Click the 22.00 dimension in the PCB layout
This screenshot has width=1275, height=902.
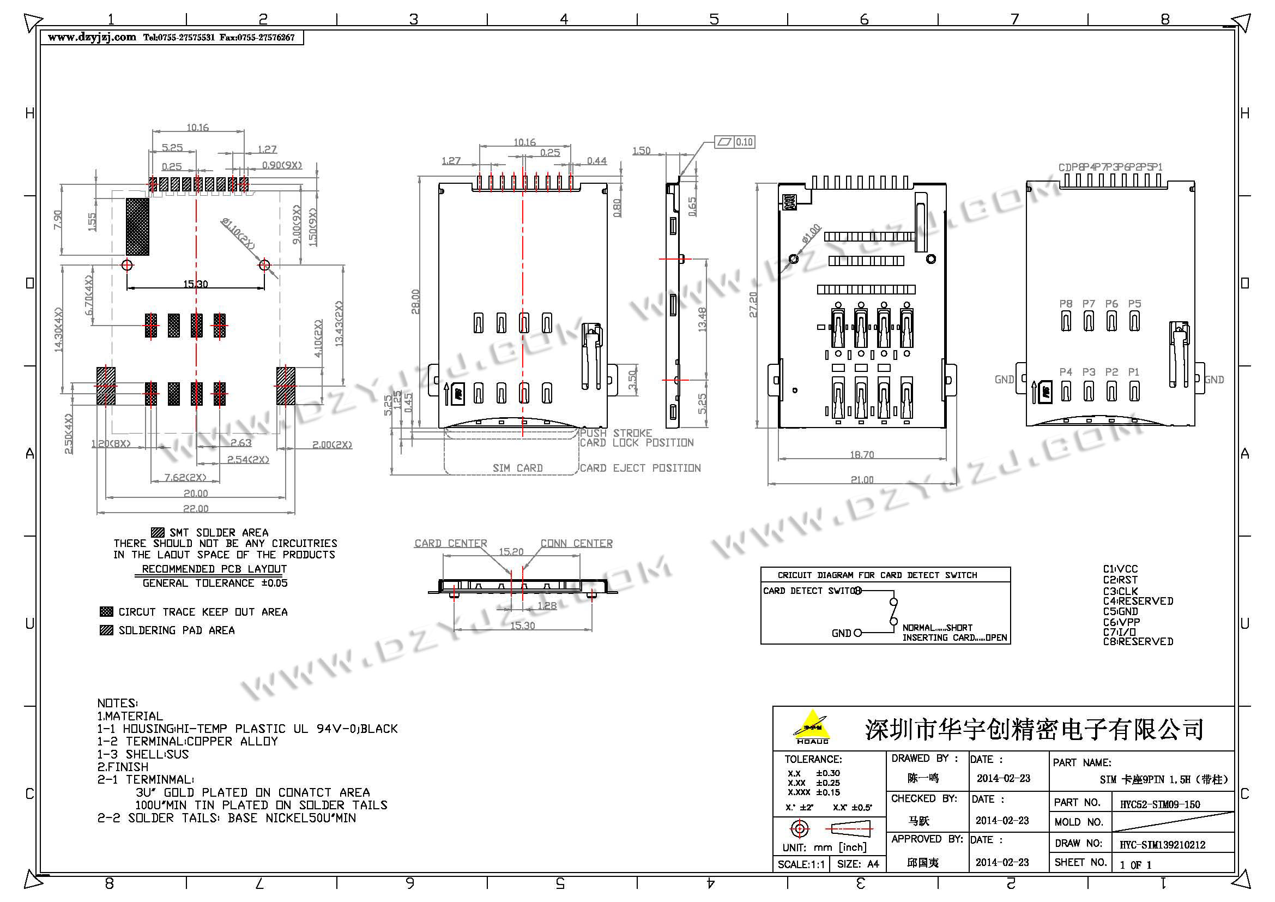pyautogui.click(x=196, y=508)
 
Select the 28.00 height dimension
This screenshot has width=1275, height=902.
pyautogui.click(x=415, y=302)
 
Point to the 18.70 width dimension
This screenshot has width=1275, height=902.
pyautogui.click(x=862, y=455)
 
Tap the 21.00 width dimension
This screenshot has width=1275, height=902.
pyautogui.click(x=862, y=479)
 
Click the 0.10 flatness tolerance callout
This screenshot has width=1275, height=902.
pyautogui.click(x=744, y=142)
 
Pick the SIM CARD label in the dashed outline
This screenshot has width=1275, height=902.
pyautogui.click(x=517, y=468)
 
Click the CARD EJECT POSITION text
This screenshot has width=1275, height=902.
pyautogui.click(x=640, y=468)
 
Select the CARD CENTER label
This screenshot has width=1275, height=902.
pyautogui.click(x=450, y=543)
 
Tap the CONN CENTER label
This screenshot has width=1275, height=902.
pyautogui.click(x=576, y=543)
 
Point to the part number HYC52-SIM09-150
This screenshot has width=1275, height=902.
pyautogui.click(x=1160, y=804)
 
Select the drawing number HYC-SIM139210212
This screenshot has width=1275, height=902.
pyautogui.click(x=1162, y=845)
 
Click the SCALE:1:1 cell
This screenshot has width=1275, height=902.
pyautogui.click(x=801, y=864)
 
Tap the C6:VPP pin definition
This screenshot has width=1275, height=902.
pyautogui.click(x=1121, y=622)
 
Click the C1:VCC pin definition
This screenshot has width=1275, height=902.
pyautogui.click(x=1120, y=569)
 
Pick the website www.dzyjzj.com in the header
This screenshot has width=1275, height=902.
pyautogui.click(x=92, y=37)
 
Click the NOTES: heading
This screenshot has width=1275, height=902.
pyautogui.click(x=118, y=703)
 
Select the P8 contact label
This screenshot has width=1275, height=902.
pyautogui.click(x=1066, y=304)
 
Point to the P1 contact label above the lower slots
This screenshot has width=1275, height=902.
pyautogui.click(x=1134, y=372)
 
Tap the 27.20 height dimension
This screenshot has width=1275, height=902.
pyautogui.click(x=753, y=305)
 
